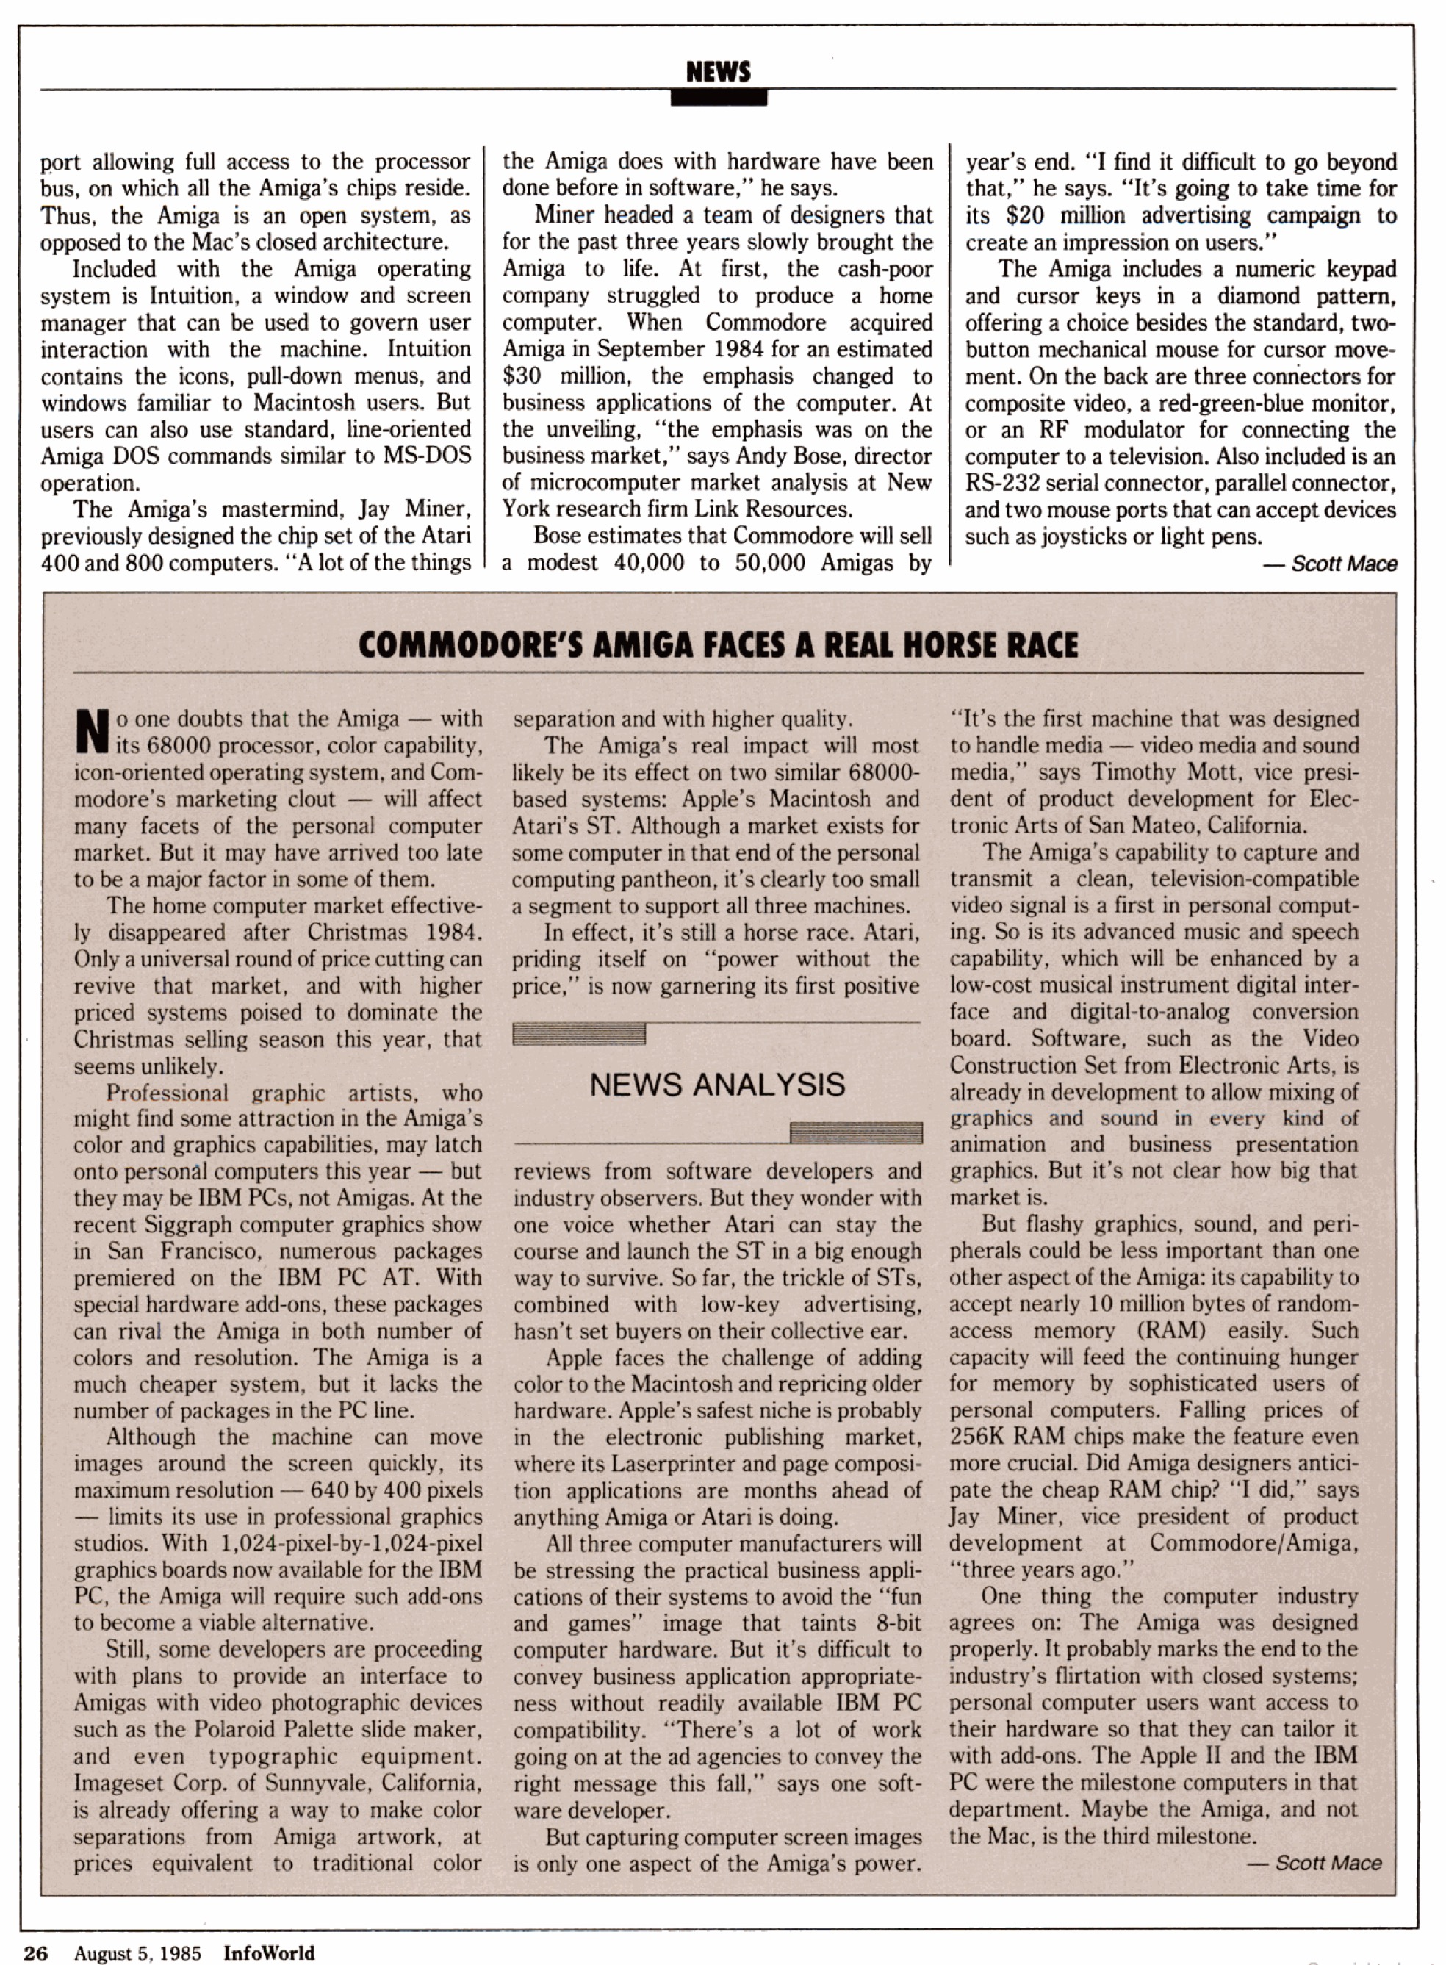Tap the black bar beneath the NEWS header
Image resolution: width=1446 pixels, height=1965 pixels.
(718, 98)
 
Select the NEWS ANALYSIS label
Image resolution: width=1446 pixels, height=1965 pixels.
(717, 1085)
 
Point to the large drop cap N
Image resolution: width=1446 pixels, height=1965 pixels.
(92, 733)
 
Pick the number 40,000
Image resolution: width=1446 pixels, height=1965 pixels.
(649, 562)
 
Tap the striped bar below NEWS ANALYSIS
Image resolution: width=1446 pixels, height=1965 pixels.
(855, 1132)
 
